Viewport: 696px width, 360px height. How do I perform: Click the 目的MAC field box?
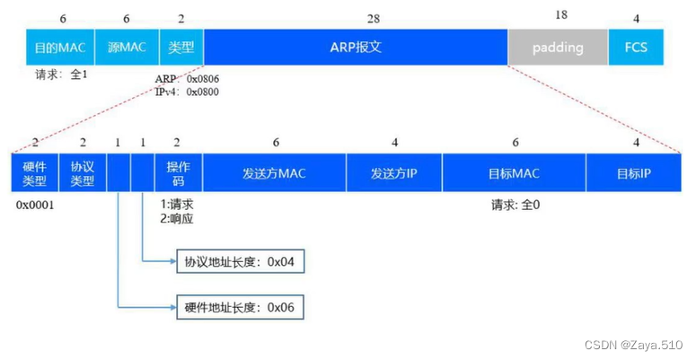pos(58,48)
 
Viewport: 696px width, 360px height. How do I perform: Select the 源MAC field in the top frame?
pos(127,48)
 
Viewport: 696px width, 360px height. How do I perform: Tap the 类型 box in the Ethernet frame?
pos(181,48)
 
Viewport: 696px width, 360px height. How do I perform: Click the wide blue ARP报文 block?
pos(356,48)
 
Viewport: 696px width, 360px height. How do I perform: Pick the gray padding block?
pos(557,48)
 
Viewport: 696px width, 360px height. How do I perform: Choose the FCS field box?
pos(629,48)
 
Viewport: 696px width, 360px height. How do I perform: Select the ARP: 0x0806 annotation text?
pos(186,79)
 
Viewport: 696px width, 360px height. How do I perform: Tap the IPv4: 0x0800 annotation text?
pos(186,92)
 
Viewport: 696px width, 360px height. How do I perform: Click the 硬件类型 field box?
pos(33,172)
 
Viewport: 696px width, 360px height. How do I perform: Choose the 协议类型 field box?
pos(82,172)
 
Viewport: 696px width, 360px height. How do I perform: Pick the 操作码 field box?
pos(178,172)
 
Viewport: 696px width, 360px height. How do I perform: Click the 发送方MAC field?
pos(274,172)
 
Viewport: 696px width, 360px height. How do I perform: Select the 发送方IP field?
pos(393,172)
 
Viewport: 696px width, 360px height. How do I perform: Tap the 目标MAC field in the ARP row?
pos(514,172)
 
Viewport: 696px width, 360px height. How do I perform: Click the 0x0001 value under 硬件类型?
pos(36,205)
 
